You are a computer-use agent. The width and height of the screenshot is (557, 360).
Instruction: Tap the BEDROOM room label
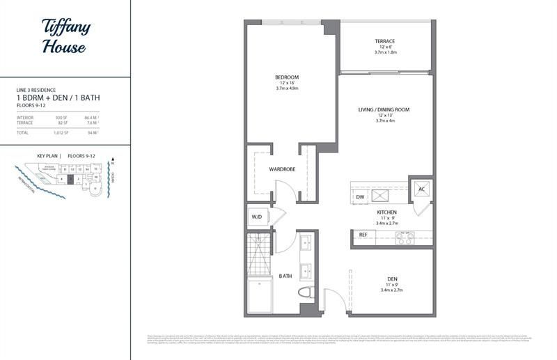(x=286, y=77)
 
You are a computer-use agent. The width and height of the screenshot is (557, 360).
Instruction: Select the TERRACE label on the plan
(x=385, y=41)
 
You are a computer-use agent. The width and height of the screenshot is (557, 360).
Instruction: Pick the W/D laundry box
(x=257, y=217)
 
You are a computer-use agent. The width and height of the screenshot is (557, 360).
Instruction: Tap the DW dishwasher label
(x=361, y=197)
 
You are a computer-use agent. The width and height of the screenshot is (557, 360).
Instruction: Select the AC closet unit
(x=421, y=189)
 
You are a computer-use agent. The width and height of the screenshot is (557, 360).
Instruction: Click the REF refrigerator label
(x=363, y=235)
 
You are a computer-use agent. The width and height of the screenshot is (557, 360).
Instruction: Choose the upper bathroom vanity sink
(x=305, y=244)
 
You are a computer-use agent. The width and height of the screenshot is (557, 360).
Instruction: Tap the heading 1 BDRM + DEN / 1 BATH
(x=58, y=98)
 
